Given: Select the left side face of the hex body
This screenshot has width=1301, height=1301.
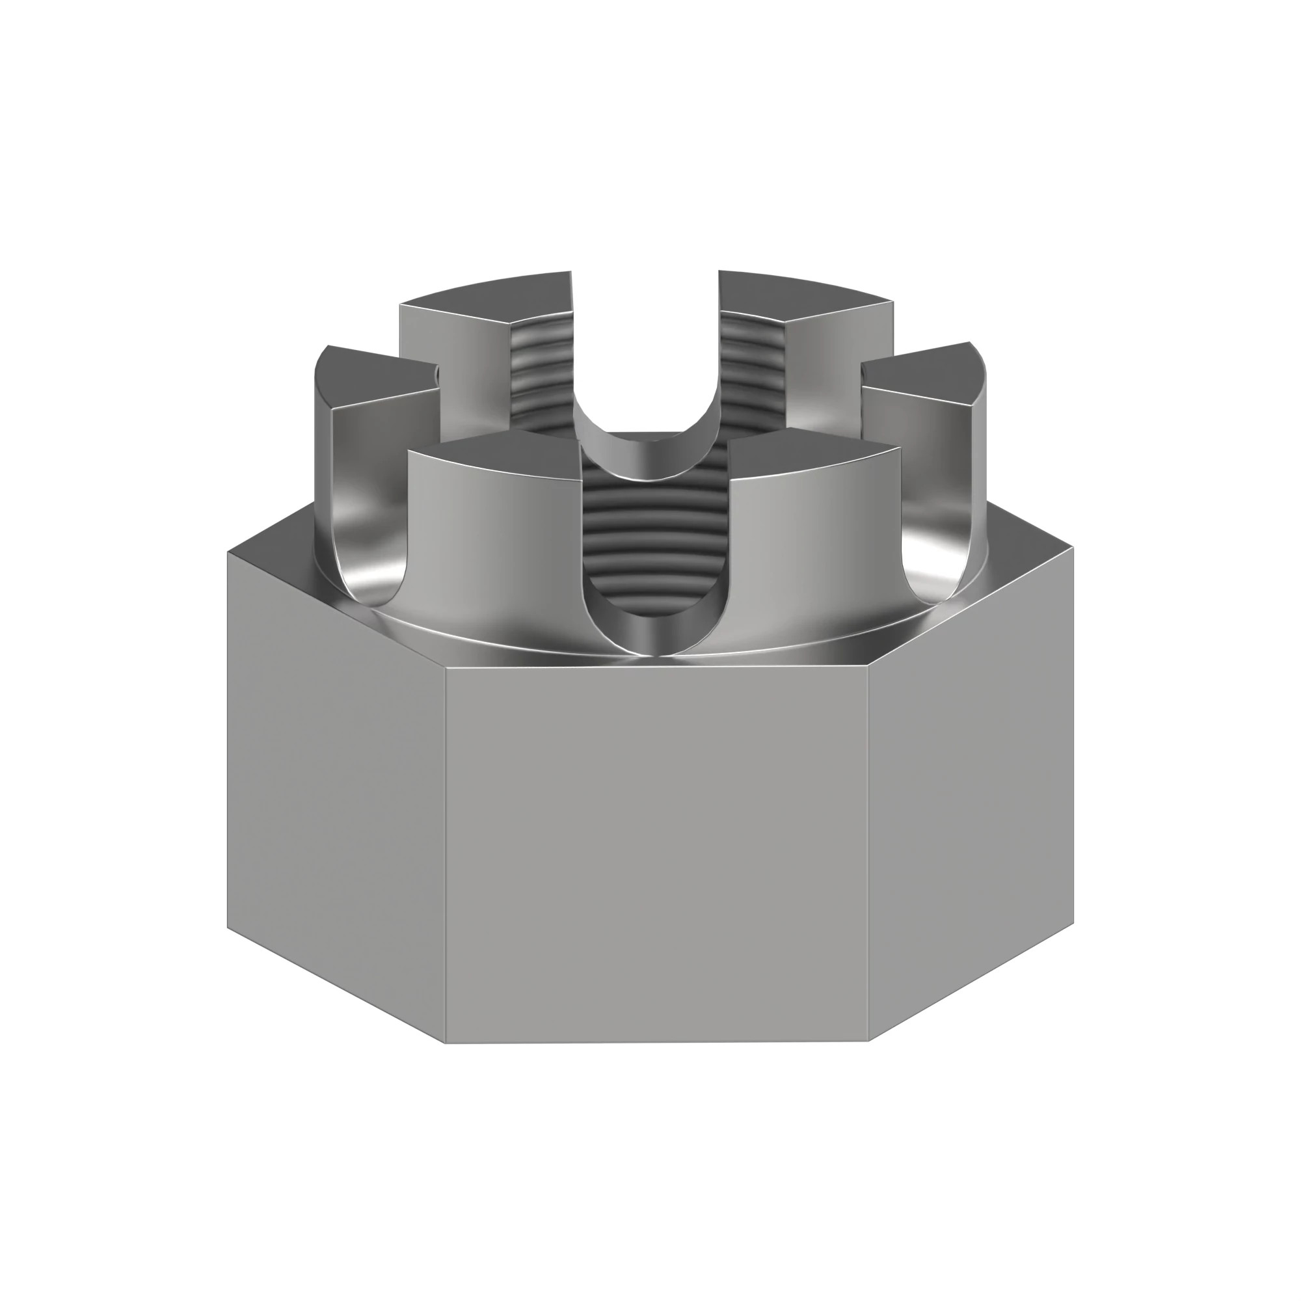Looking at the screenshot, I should [337, 795].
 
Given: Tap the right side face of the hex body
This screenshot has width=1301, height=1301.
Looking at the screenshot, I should [970, 795].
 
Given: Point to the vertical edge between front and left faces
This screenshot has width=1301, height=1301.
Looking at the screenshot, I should [445, 855].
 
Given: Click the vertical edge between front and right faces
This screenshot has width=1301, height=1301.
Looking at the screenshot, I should [868, 855].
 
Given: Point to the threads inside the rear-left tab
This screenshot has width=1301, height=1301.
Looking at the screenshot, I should [542, 377].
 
